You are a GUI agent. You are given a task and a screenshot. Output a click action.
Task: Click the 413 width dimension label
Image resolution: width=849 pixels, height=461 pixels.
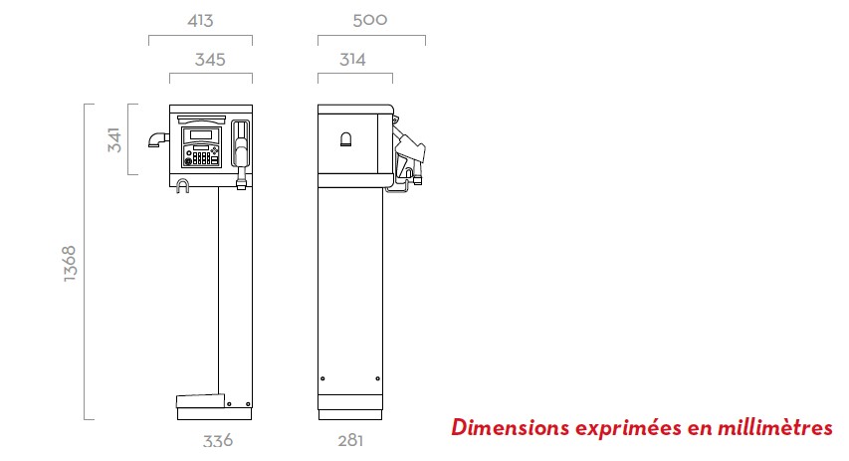click(200, 21)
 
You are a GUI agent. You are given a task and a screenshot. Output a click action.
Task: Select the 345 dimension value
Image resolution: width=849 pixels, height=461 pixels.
click(210, 59)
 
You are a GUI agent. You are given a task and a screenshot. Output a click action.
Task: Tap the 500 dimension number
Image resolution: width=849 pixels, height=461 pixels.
click(370, 20)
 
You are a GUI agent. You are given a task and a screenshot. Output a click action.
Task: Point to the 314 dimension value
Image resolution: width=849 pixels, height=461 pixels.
click(352, 59)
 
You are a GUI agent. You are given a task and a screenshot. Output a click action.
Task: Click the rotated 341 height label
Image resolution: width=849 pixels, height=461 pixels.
click(114, 139)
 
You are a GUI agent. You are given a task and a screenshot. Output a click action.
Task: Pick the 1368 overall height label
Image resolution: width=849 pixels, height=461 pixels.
click(70, 263)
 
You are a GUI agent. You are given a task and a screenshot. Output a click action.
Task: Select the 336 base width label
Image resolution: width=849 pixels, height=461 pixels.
click(218, 440)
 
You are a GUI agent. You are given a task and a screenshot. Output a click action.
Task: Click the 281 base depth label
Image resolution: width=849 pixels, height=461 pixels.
click(350, 440)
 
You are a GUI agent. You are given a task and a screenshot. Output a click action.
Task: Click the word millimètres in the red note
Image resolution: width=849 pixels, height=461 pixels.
click(774, 427)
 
